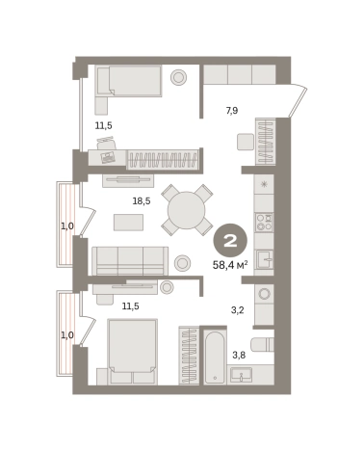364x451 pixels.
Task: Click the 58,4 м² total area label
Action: [230, 265]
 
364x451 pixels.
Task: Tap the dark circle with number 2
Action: [230, 240]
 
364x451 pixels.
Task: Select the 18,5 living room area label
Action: [142, 201]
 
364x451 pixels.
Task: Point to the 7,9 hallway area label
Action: [232, 111]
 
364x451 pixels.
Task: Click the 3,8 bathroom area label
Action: [239, 355]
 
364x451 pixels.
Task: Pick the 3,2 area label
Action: [238, 310]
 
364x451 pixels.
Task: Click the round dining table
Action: [186, 210]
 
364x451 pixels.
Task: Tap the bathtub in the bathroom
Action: [215, 357]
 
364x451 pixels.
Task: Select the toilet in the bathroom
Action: [262, 344]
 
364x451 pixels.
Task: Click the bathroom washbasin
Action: [241, 375]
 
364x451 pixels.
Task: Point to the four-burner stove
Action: [264, 223]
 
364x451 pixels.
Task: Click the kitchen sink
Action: [265, 259]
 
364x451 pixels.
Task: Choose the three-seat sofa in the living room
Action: [130, 261]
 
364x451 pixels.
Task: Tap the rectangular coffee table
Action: [128, 223]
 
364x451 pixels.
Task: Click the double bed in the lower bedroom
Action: [133, 352]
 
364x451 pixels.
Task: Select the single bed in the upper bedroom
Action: [129, 81]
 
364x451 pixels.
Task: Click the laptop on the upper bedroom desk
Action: [107, 157]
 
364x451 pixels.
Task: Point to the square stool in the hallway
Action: [246, 142]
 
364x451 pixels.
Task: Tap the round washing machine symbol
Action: [265, 294]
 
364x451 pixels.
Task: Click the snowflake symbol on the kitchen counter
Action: [264, 184]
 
